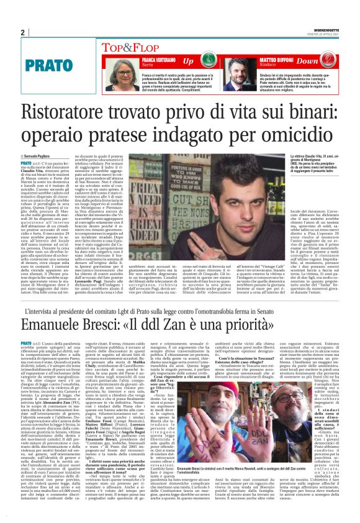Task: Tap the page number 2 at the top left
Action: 22,32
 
